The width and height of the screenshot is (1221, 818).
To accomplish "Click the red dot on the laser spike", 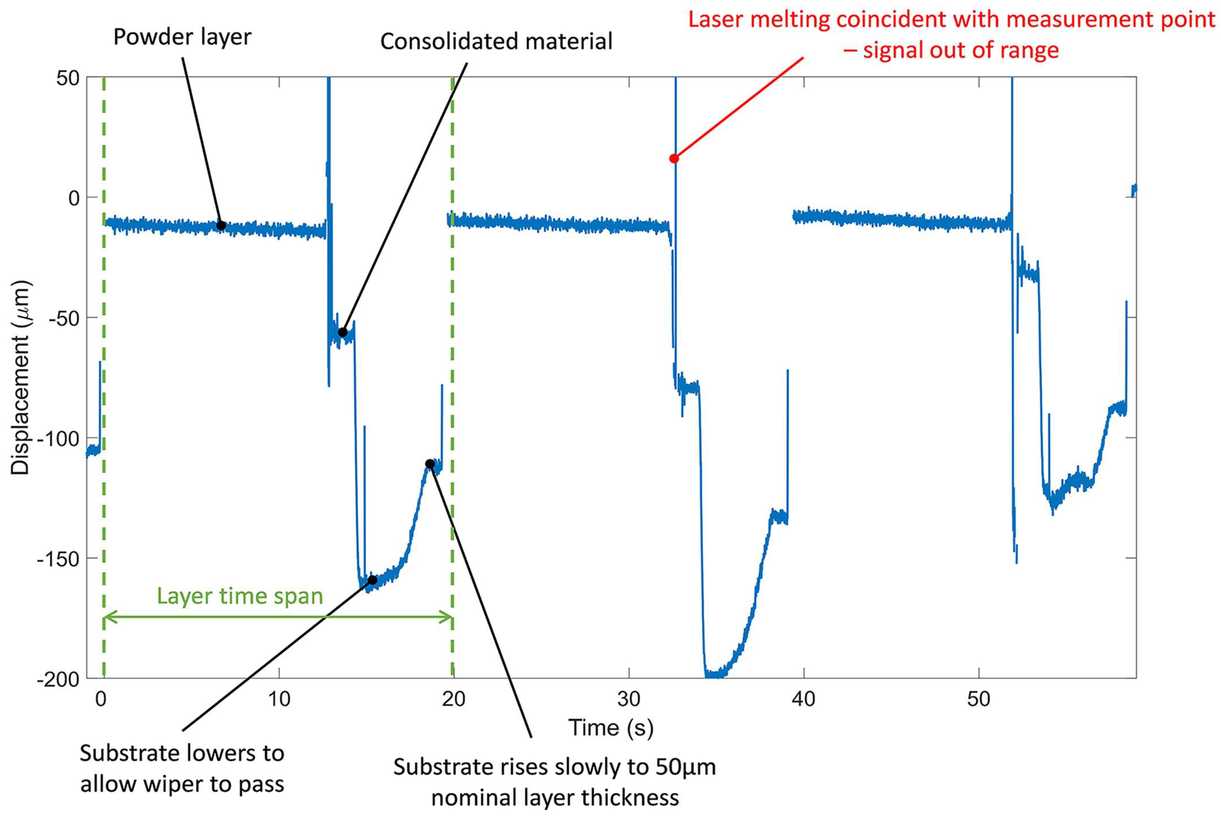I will pyautogui.click(x=674, y=158).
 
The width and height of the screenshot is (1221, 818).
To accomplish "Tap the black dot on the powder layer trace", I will pyautogui.click(x=221, y=225).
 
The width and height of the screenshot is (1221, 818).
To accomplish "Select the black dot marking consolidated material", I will pyautogui.click(x=342, y=332).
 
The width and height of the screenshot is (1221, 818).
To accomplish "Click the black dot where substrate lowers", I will pyautogui.click(x=372, y=580).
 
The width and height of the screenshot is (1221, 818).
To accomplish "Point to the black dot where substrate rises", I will pyautogui.click(x=430, y=464).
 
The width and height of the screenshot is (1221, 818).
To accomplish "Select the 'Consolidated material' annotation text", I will pyautogui.click(x=496, y=41).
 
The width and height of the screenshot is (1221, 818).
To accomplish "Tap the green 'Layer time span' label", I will pyautogui.click(x=240, y=596).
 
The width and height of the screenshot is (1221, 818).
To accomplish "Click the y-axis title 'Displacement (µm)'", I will pyautogui.click(x=21, y=378).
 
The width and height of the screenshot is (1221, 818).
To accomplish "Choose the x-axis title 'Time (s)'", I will pyautogui.click(x=610, y=728).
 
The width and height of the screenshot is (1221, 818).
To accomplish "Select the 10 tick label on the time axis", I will pyautogui.click(x=279, y=699).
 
